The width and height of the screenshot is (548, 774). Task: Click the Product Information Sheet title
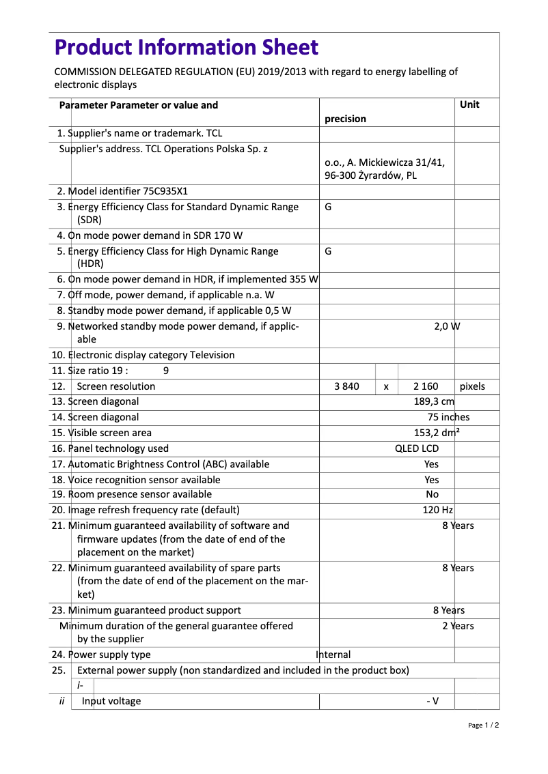tap(186, 48)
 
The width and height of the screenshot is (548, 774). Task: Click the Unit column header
tap(469, 104)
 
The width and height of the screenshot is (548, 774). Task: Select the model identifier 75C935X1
tap(163, 191)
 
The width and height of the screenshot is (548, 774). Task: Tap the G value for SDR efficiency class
tap(328, 207)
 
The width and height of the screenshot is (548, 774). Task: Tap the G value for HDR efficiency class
tap(328, 251)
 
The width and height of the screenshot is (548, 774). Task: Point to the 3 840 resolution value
tap(346, 386)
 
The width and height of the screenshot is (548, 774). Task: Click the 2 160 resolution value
tap(426, 386)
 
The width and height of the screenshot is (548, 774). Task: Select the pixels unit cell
tap(472, 386)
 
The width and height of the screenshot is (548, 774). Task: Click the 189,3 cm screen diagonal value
tap(434, 401)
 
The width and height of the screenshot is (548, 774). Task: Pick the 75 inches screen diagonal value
tap(448, 417)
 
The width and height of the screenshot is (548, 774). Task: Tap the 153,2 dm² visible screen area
tap(437, 433)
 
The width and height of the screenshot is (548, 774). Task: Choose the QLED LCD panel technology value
tap(417, 448)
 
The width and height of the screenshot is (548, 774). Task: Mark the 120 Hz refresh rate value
tap(437, 510)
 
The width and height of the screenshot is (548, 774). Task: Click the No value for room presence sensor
tap(432, 494)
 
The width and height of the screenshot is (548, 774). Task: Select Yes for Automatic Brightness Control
tap(431, 464)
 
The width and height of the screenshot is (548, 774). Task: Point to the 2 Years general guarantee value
tap(457, 626)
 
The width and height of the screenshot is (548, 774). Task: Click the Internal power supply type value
tap(333, 655)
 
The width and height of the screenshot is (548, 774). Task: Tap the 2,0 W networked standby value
tap(447, 326)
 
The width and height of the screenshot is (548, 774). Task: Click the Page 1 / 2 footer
tap(483, 725)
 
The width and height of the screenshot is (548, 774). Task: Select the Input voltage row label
tap(111, 701)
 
